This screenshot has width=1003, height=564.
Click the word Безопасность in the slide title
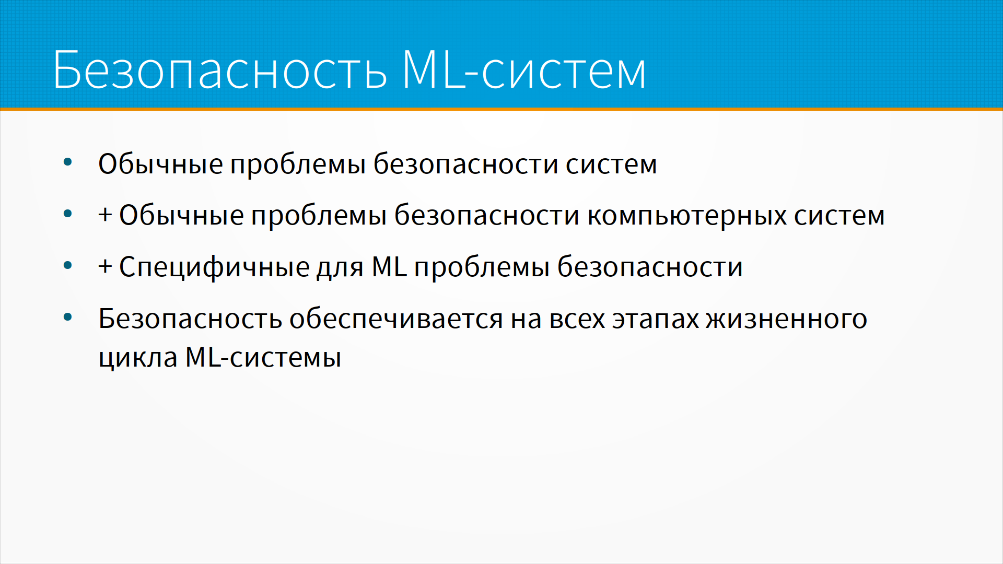tap(220, 69)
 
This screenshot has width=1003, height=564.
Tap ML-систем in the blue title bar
tap(524, 69)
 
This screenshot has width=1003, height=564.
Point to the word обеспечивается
tap(396, 319)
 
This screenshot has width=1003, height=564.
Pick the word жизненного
tap(787, 319)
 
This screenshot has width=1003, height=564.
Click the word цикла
tap(138, 358)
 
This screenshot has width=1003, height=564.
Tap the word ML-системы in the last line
tap(263, 357)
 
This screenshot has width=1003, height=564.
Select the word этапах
tap(656, 319)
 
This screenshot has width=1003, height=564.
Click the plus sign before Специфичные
tap(105, 266)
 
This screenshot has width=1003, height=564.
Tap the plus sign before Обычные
tap(105, 215)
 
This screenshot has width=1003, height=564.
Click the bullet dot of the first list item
tap(67, 162)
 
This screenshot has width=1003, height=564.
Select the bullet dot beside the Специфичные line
tap(67, 265)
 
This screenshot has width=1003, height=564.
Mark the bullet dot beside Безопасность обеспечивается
tap(67, 317)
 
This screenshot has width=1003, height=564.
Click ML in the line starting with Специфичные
tap(389, 266)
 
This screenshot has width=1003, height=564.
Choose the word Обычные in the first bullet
tap(160, 164)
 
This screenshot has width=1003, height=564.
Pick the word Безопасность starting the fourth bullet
tap(190, 318)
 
